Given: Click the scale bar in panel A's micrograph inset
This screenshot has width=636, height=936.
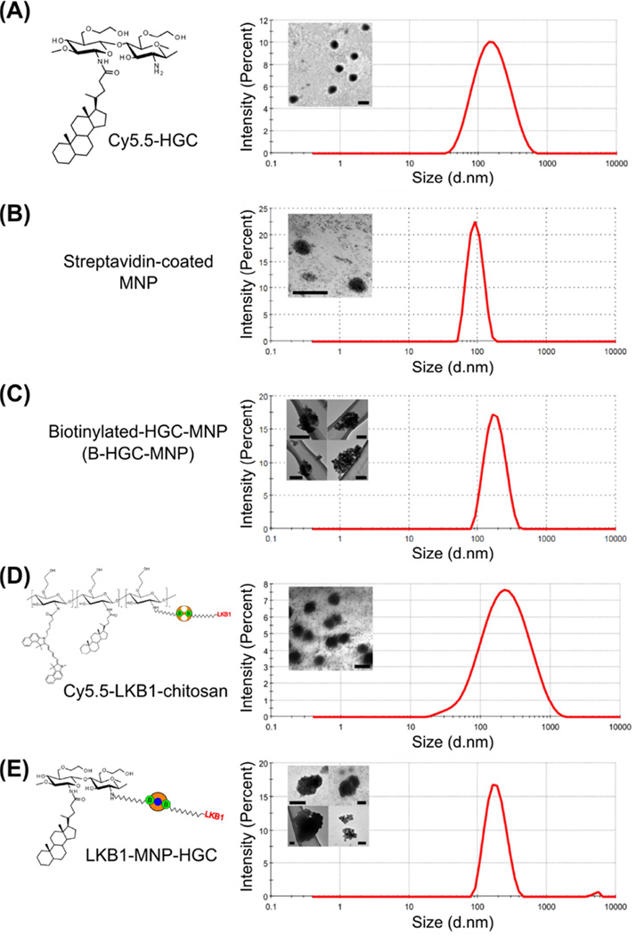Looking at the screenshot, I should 362,103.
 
